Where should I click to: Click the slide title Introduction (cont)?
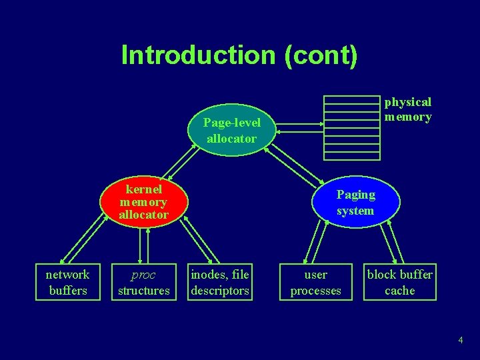239,55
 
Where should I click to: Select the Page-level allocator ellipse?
231,131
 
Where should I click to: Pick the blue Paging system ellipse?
355,203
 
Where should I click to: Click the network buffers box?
67,283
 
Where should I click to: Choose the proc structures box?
143,283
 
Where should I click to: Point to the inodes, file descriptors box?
220,283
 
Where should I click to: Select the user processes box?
315,283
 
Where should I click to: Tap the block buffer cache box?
399,283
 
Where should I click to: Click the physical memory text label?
407,109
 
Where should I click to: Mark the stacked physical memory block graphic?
351,127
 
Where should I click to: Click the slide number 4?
460,341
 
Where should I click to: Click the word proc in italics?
143,275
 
